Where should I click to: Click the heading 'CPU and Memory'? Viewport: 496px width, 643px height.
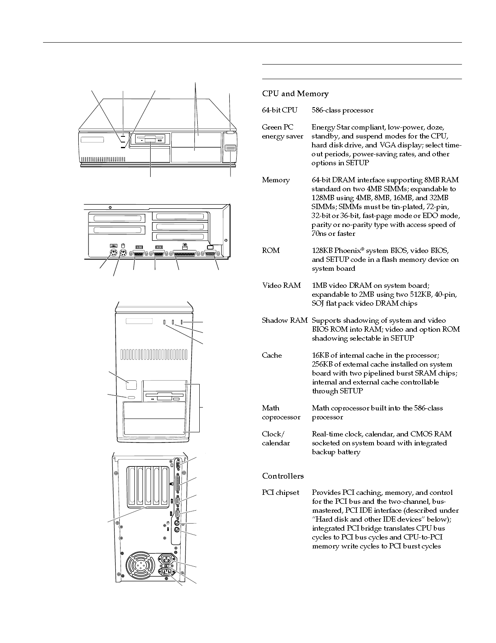coord(295,94)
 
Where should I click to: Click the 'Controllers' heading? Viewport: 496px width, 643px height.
coord(283,476)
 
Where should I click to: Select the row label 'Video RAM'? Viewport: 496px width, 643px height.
coord(281,285)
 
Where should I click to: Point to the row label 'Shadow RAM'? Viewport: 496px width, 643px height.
coord(285,320)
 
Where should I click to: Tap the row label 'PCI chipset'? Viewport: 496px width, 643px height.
coord(280,492)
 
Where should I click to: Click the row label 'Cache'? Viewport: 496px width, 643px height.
coord(272,355)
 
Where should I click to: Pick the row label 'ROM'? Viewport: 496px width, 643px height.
coord(271,250)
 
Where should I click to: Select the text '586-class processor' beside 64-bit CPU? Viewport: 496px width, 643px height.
coord(342,110)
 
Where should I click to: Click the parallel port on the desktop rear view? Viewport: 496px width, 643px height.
coord(185,254)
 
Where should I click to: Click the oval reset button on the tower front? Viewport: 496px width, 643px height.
coord(131,397)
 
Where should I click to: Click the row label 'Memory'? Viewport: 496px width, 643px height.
coord(276,180)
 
